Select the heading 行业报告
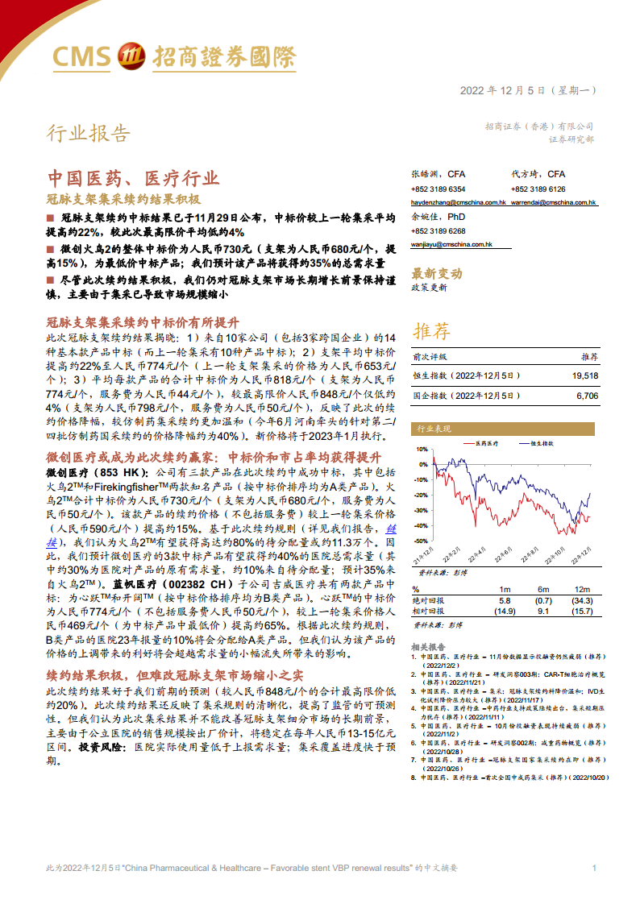click(x=87, y=133)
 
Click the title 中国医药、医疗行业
click(x=133, y=178)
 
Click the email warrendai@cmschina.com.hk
click(x=553, y=203)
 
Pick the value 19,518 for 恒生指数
click(x=584, y=375)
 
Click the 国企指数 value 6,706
click(x=588, y=396)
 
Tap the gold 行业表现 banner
click(x=434, y=429)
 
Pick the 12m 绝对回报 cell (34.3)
click(x=582, y=601)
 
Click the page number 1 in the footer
click(x=594, y=868)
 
